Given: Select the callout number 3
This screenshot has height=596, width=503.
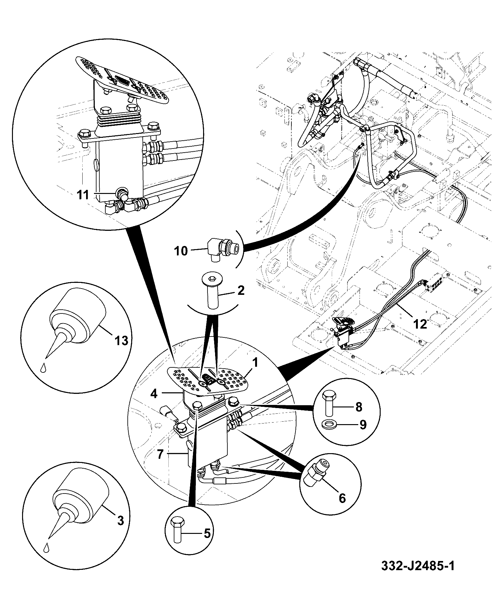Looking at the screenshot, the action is click(120, 520).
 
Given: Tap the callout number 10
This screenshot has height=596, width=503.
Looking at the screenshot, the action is click(181, 251).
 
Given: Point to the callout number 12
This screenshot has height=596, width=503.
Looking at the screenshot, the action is click(420, 324).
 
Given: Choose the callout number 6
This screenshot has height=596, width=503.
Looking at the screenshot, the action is click(342, 498).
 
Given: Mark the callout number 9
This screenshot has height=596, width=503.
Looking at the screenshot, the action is click(363, 425).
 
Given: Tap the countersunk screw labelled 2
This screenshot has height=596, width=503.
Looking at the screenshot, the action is click(212, 288).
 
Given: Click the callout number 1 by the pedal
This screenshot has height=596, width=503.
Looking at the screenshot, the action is click(255, 363).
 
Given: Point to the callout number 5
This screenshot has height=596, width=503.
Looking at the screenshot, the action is click(207, 534).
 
